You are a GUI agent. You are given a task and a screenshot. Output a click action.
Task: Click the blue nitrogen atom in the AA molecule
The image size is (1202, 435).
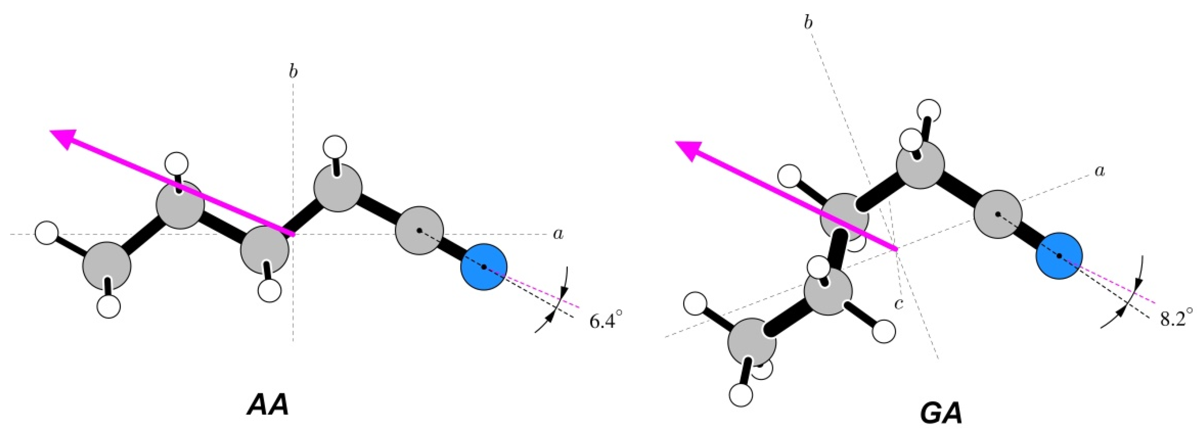pyautogui.click(x=483, y=267)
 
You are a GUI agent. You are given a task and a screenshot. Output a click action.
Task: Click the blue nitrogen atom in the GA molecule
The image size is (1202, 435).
pyautogui.click(x=1059, y=256)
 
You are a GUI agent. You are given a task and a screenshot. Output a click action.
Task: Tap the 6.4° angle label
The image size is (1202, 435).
pyautogui.click(x=606, y=321)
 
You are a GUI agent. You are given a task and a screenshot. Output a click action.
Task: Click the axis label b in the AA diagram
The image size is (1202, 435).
pyautogui.click(x=293, y=72)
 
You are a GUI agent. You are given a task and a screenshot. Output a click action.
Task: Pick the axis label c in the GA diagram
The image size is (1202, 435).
pyautogui.click(x=898, y=304)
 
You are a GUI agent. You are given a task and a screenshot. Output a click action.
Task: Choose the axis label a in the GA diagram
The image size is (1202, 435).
pyautogui.click(x=1100, y=171)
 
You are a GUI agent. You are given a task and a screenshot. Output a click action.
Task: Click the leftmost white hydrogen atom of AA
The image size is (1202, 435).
pyautogui.click(x=46, y=233)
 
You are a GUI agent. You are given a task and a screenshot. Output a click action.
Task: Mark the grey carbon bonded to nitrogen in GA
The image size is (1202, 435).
pyautogui.click(x=998, y=214)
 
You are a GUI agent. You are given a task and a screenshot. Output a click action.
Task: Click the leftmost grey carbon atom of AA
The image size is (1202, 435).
pyautogui.click(x=107, y=266)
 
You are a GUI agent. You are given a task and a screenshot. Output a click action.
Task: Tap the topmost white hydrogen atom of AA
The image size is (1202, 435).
pyautogui.click(x=335, y=147)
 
